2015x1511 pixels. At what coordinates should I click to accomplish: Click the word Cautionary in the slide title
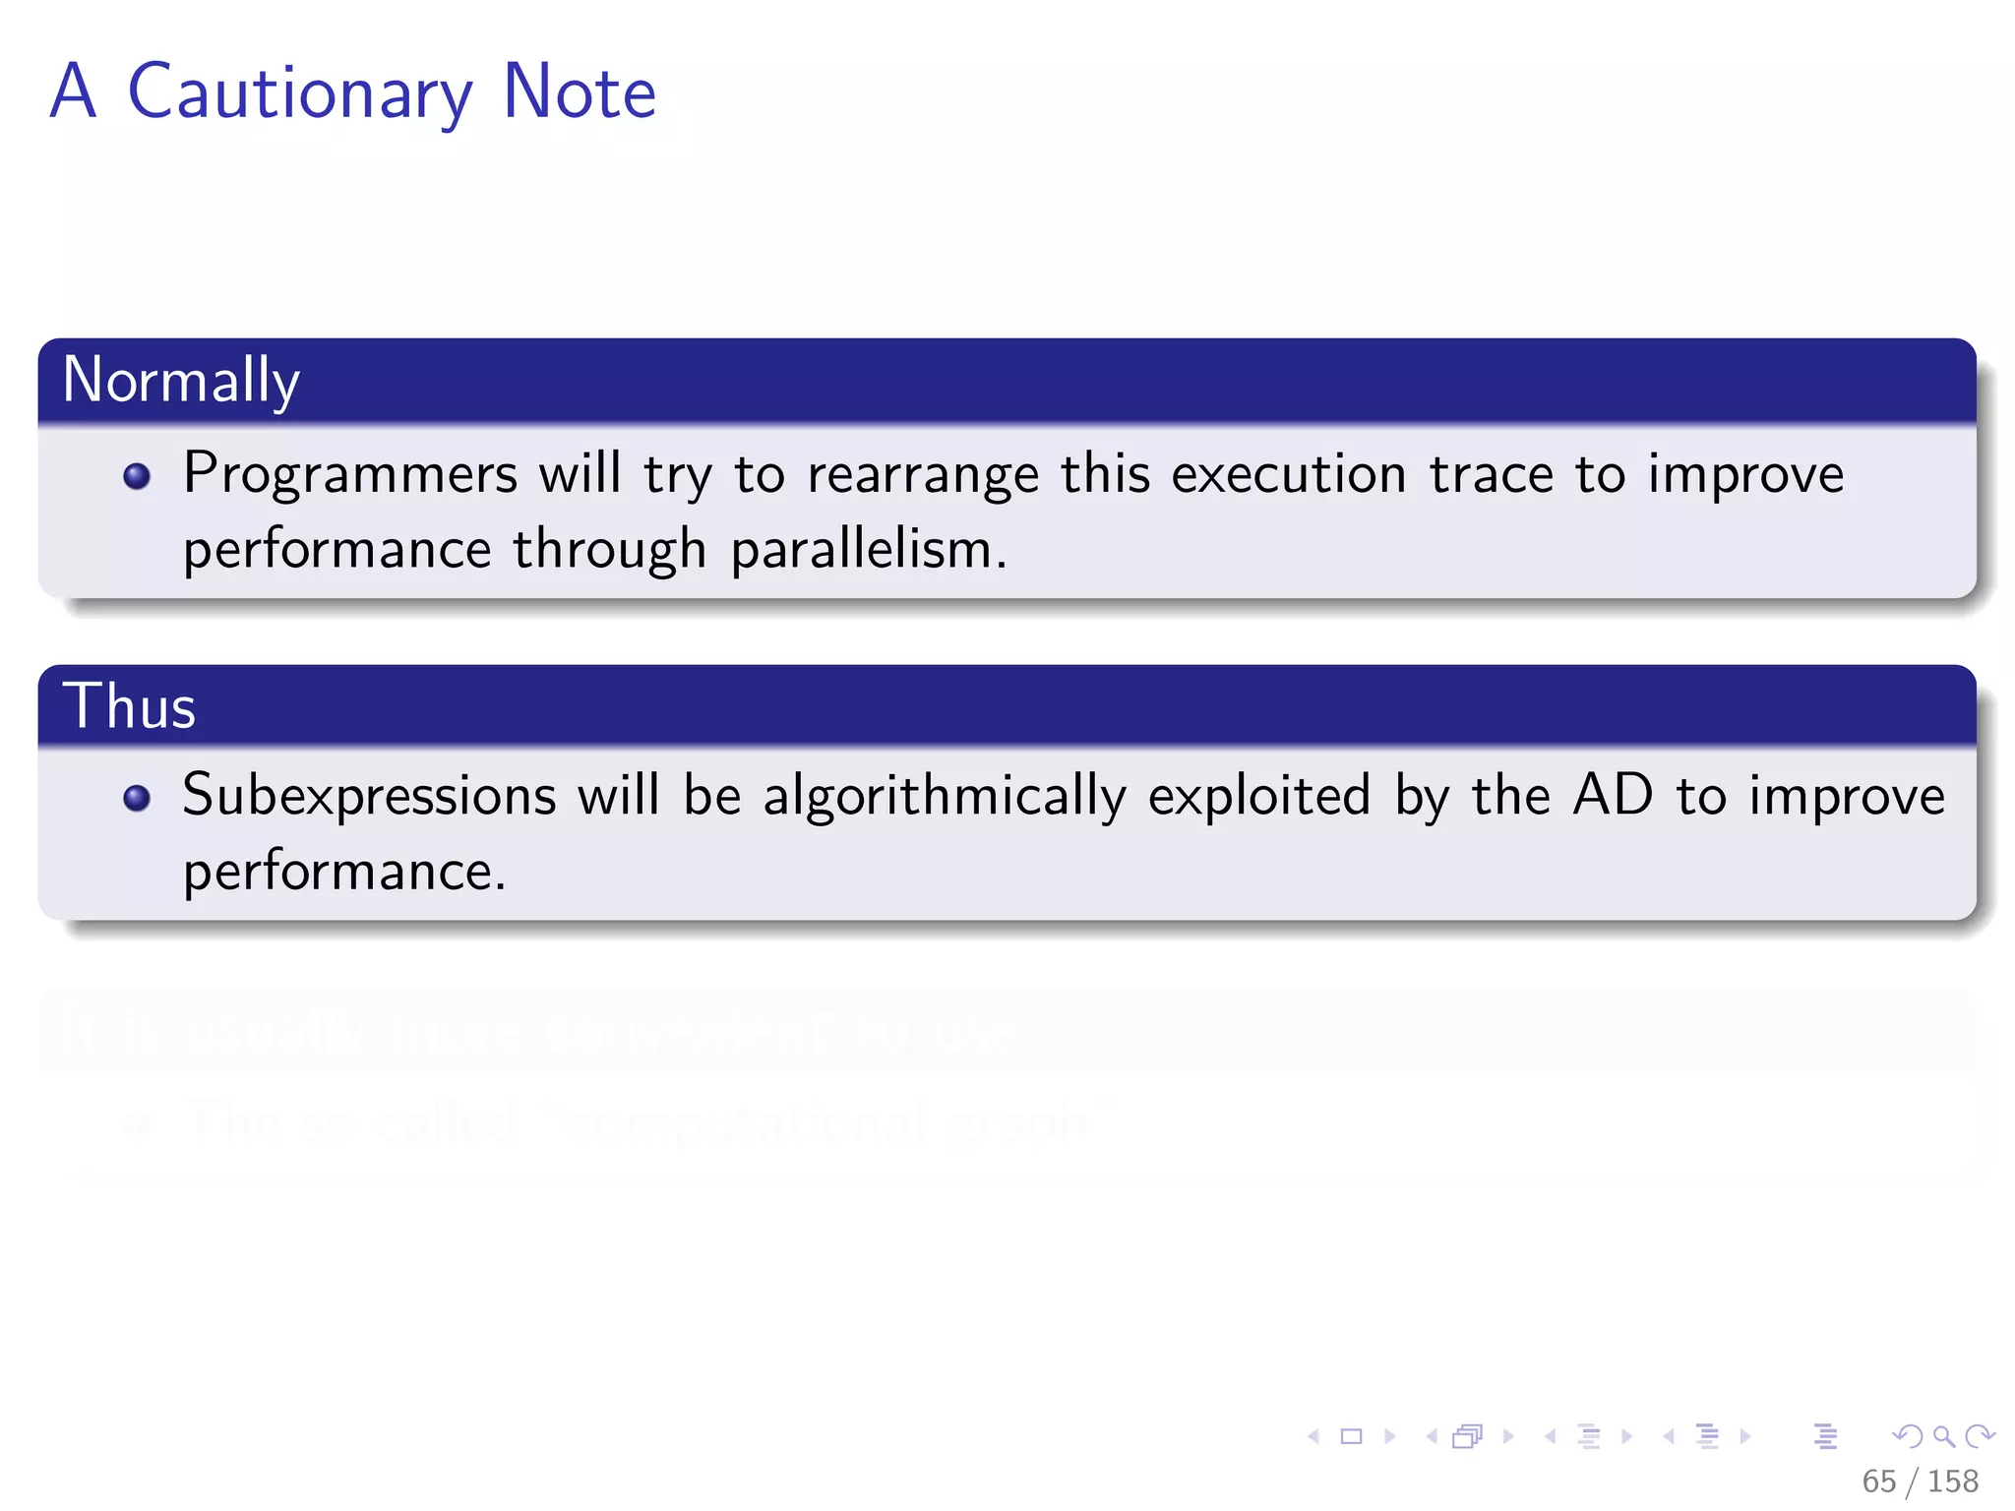(300, 93)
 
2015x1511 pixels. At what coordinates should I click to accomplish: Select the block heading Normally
(181, 381)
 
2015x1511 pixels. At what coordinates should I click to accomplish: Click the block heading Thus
(129, 706)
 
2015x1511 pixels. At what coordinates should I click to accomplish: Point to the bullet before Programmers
(137, 477)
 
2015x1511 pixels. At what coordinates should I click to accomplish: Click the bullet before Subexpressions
(137, 798)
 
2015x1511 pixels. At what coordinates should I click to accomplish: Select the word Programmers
(350, 475)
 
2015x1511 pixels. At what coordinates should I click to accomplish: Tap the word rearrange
(922, 475)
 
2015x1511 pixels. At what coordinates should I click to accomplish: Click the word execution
(1288, 475)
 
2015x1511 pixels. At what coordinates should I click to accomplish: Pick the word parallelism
(868, 549)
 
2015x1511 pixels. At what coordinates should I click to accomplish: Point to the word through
(609, 549)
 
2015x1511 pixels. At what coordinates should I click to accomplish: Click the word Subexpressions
(369, 796)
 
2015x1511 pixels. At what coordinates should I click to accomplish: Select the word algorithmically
(944, 796)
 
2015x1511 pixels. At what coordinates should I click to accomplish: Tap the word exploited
(1258, 796)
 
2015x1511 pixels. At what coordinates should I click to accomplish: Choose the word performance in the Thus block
(343, 872)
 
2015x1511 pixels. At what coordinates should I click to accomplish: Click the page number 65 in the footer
(1878, 1481)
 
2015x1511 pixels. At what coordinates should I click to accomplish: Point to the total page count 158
(1952, 1481)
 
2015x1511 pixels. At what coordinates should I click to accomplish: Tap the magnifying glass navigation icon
(1943, 1437)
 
